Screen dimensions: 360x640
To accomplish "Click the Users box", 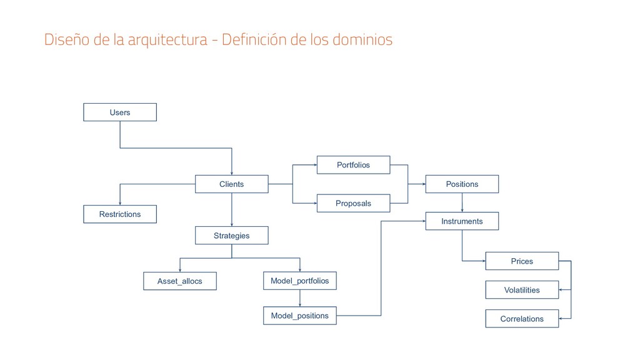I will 120,112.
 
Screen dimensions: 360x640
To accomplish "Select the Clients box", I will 231,184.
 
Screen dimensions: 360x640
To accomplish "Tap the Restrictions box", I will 120,214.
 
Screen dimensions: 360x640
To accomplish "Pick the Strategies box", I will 231,236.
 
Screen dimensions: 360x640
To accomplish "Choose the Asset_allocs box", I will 180,281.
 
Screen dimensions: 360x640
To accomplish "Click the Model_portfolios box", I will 299,281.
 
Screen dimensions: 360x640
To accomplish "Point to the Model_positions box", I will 299,316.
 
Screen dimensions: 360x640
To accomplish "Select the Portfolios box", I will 353,165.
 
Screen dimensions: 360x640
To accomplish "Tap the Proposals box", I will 353,203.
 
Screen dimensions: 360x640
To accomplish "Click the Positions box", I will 462,184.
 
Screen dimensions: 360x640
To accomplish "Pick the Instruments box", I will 462,221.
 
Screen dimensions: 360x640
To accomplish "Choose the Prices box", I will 522,261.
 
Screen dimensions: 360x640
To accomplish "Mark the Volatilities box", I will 522,290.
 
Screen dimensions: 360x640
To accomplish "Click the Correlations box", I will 522,319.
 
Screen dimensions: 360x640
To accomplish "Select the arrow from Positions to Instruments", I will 462,203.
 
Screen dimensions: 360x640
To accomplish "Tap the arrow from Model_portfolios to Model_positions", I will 299,299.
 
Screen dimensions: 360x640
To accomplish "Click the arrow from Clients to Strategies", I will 231,210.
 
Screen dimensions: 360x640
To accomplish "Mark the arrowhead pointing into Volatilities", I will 561,290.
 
